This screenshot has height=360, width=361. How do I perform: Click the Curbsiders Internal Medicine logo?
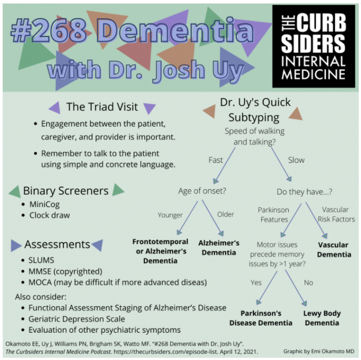(x=314, y=46)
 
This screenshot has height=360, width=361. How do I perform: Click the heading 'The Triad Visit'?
(x=102, y=107)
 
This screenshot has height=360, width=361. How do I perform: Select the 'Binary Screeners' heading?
(x=66, y=191)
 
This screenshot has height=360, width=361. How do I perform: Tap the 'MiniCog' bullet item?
(x=45, y=205)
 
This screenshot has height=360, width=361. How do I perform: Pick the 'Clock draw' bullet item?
(x=49, y=215)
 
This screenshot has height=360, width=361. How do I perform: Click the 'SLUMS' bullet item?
(x=41, y=260)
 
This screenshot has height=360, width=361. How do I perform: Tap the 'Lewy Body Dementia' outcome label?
(x=322, y=318)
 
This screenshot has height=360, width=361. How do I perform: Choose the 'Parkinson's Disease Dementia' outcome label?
(x=261, y=318)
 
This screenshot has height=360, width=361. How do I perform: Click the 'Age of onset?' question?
(x=202, y=191)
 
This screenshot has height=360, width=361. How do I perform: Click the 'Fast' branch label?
(x=215, y=160)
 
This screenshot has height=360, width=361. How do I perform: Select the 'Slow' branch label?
(x=296, y=160)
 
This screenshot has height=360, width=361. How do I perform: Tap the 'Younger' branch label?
(x=170, y=215)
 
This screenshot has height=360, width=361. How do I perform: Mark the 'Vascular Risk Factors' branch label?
(x=335, y=214)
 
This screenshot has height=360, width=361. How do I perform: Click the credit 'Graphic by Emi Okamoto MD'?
(x=319, y=351)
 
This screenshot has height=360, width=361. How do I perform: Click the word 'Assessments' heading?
(x=57, y=244)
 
